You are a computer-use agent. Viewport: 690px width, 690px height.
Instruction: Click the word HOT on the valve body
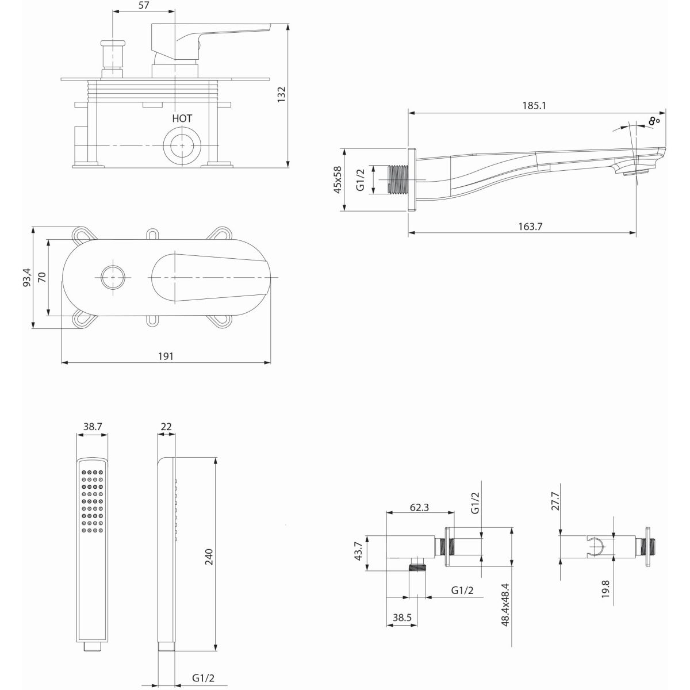(x=182, y=118)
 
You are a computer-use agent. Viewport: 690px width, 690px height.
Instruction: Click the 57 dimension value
(x=143, y=5)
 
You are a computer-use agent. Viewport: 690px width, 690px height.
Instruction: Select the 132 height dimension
(x=282, y=94)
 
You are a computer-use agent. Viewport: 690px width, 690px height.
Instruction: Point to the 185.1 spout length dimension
(x=534, y=106)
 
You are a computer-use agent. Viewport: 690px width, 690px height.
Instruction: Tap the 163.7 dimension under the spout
(x=530, y=227)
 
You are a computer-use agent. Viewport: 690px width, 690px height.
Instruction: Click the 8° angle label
(x=654, y=121)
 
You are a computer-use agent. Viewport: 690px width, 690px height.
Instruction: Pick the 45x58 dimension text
(x=338, y=180)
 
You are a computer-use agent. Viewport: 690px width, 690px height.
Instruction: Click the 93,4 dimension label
(x=27, y=278)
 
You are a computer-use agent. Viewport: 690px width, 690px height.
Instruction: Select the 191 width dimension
(x=166, y=356)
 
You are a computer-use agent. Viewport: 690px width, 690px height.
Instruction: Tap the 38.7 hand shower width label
(x=93, y=427)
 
